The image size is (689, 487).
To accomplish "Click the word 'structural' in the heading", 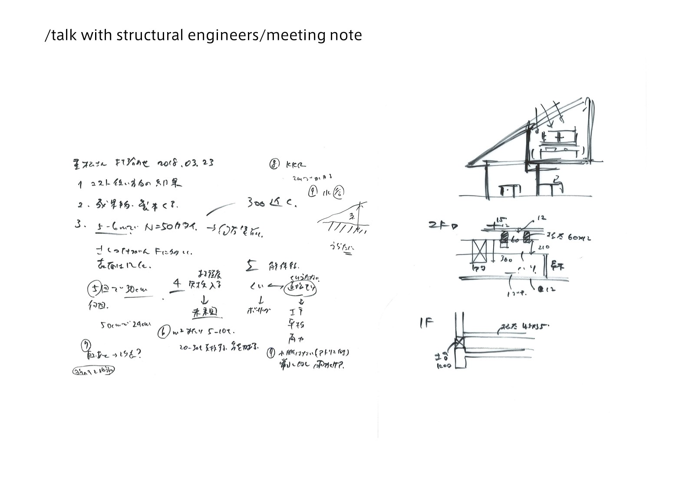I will (150, 35).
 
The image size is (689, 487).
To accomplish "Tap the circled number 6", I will (164, 333).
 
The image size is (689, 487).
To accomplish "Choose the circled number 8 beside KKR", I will (274, 164).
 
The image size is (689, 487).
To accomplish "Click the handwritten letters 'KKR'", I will (296, 165).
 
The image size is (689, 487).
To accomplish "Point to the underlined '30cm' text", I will (137, 290).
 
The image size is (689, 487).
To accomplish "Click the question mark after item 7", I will (138, 353).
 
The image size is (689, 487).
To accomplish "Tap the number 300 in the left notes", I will (257, 203).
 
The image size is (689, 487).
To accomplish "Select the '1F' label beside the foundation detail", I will (427, 323).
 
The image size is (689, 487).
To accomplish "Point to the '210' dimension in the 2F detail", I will (543, 247).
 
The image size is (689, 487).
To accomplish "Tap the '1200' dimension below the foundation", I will (444, 366).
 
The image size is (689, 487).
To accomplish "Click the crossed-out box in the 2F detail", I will (481, 252).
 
